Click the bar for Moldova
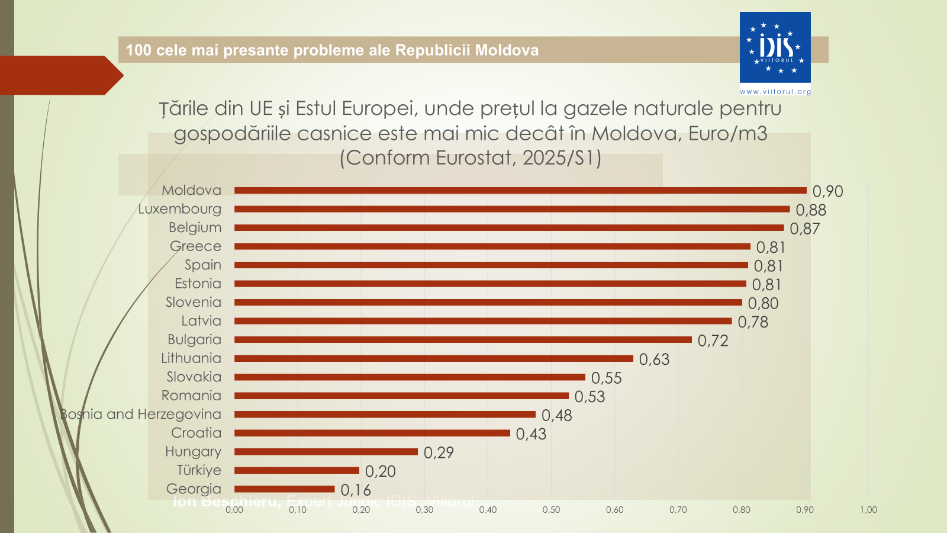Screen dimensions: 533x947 click(520, 191)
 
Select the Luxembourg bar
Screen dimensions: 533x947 click(512, 209)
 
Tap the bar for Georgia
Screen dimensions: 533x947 click(284, 489)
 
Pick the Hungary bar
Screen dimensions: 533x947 click(326, 452)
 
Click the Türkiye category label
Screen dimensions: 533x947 click(199, 470)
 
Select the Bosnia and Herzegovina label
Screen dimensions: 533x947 click(141, 415)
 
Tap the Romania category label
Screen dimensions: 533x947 click(191, 396)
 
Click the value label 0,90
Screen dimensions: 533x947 click(827, 191)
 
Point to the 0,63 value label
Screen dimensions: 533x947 click(654, 359)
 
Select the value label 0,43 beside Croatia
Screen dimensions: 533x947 click(531, 434)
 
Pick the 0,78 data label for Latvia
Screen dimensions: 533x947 click(753, 322)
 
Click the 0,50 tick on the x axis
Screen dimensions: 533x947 click(551, 510)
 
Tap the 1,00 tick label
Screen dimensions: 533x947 click(868, 510)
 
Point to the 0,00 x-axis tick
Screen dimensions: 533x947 click(234, 510)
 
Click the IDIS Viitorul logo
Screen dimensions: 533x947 click(775, 47)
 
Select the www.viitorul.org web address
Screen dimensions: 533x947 click(775, 92)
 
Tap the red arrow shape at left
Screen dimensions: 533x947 click(59, 75)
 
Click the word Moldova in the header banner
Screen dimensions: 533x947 click(507, 50)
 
